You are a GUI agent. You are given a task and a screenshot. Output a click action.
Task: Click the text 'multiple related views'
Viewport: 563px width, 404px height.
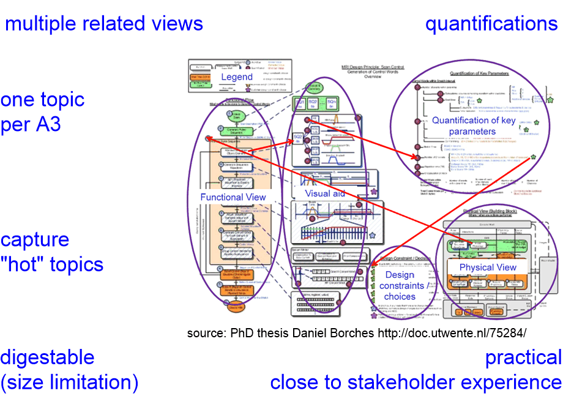[104, 24]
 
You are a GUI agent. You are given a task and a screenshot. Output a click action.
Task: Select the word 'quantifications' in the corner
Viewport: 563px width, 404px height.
[491, 24]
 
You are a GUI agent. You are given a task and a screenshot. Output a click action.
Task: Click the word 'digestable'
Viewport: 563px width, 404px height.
[47, 357]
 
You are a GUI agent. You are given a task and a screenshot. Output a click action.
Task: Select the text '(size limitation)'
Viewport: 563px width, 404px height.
[69, 383]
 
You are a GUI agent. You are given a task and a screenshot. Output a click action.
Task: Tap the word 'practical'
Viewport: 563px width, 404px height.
[523, 357]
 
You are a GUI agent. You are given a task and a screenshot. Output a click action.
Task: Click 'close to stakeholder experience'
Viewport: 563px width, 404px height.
[416, 383]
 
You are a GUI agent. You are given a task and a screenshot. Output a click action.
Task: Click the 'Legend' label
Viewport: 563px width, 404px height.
[236, 77]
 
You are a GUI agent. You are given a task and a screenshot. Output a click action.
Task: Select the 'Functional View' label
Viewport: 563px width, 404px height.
[233, 196]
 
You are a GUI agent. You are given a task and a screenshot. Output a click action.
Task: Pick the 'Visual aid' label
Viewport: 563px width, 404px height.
[326, 193]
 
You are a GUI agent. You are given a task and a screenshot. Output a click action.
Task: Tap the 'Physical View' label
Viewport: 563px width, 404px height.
[488, 267]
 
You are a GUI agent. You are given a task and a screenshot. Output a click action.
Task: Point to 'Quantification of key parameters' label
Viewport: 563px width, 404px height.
[473, 125]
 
